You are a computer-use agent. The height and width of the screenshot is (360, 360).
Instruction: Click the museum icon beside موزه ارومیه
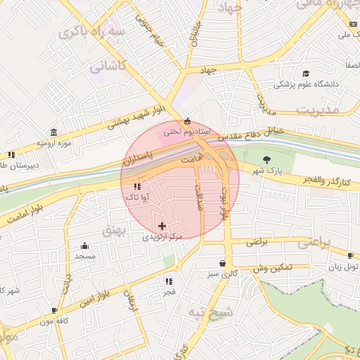[54, 132]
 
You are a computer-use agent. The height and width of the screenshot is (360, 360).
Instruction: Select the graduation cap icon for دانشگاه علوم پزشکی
[305, 73]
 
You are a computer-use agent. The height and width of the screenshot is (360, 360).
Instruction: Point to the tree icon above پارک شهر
[266, 160]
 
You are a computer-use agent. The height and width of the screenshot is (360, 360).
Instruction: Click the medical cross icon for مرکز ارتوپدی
[163, 226]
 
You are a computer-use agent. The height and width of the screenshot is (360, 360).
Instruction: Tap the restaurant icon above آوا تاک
[136, 187]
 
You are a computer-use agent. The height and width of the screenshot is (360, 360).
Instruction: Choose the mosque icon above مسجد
[85, 245]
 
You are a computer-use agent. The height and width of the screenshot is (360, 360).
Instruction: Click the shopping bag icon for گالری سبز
[222, 263]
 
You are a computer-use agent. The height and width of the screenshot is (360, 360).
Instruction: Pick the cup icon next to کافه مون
[55, 310]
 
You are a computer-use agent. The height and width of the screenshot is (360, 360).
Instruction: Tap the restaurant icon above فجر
[169, 281]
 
